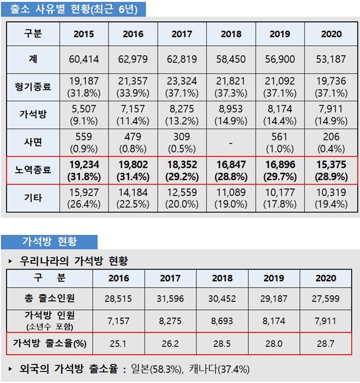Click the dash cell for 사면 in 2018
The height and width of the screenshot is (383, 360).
point(231,143)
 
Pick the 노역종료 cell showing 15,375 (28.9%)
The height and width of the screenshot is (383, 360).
point(331,170)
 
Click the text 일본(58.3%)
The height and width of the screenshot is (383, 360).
point(155,370)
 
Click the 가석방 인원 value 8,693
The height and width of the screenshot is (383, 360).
point(222,322)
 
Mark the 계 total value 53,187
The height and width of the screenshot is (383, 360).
point(331,59)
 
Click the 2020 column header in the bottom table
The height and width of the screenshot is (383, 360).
point(327,278)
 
